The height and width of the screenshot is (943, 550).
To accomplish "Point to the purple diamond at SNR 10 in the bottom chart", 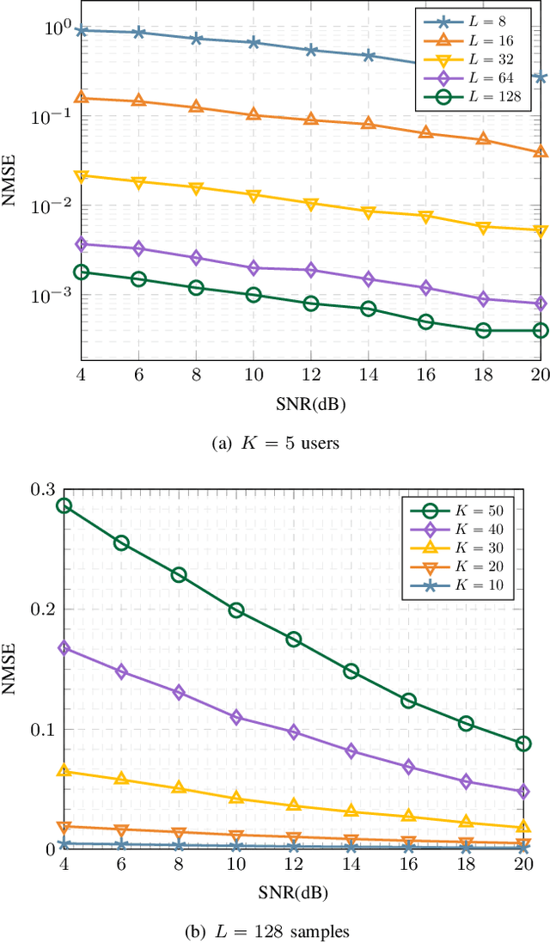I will coord(236,717).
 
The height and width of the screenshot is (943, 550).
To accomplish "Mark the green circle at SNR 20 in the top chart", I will coord(541,330).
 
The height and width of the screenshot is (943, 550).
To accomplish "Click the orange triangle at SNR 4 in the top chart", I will coord(82,98).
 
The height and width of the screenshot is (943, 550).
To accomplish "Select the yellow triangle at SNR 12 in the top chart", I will coord(311,204).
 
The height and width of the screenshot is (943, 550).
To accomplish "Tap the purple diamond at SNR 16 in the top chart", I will coord(425,288).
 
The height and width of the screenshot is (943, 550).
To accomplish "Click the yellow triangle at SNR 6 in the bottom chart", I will coord(121,779).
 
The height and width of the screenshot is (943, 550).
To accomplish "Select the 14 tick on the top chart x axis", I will coord(368,376).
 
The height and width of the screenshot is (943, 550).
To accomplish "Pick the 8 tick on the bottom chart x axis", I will coord(178,865).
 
